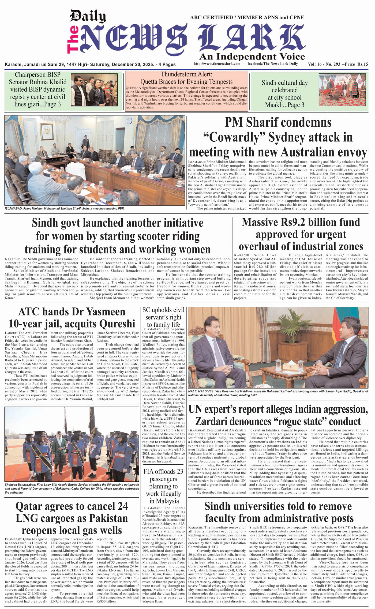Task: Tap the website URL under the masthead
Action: pyautogui.click(x=217, y=64)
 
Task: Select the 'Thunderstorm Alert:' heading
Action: pyautogui.click(x=186, y=74)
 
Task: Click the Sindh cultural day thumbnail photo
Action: pyautogui.click(x=342, y=90)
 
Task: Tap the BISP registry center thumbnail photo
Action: pyautogui.click(x=94, y=90)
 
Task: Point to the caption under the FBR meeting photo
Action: pyautogui.click(x=65, y=208)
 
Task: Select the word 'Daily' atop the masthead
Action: pyautogui.click(x=88, y=16)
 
